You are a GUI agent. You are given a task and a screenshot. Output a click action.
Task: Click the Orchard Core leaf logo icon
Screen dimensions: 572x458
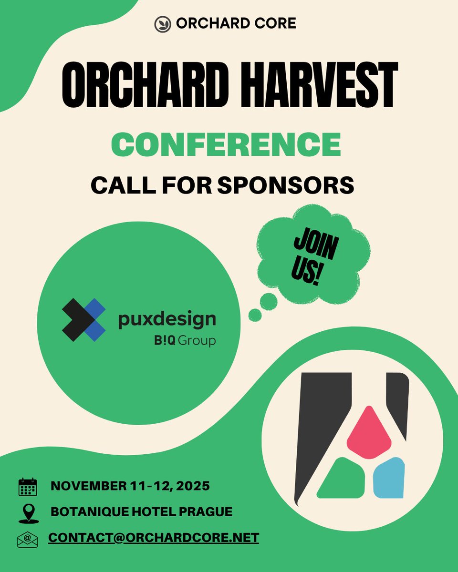tap(163, 24)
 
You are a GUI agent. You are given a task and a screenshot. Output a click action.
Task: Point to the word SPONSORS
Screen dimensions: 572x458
tap(286, 185)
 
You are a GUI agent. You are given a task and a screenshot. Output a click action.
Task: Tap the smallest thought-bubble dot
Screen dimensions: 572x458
tap(255, 315)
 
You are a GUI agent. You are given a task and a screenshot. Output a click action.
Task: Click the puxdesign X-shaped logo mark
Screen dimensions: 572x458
tap(84, 319)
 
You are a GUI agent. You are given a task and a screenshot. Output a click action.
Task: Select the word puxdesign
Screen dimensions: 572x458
tap(167, 319)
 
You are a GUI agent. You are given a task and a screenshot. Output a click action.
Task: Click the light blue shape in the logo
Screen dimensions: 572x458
tap(388, 478)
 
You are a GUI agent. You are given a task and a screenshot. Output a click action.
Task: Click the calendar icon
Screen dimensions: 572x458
tap(27, 487)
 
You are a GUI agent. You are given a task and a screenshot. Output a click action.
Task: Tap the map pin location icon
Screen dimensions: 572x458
tap(27, 513)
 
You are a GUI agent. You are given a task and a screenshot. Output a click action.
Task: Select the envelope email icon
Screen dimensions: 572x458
tap(27, 539)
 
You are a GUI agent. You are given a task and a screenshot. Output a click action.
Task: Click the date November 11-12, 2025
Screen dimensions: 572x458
tap(130, 487)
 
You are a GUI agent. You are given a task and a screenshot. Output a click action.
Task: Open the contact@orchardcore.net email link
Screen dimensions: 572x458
tap(153, 538)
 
